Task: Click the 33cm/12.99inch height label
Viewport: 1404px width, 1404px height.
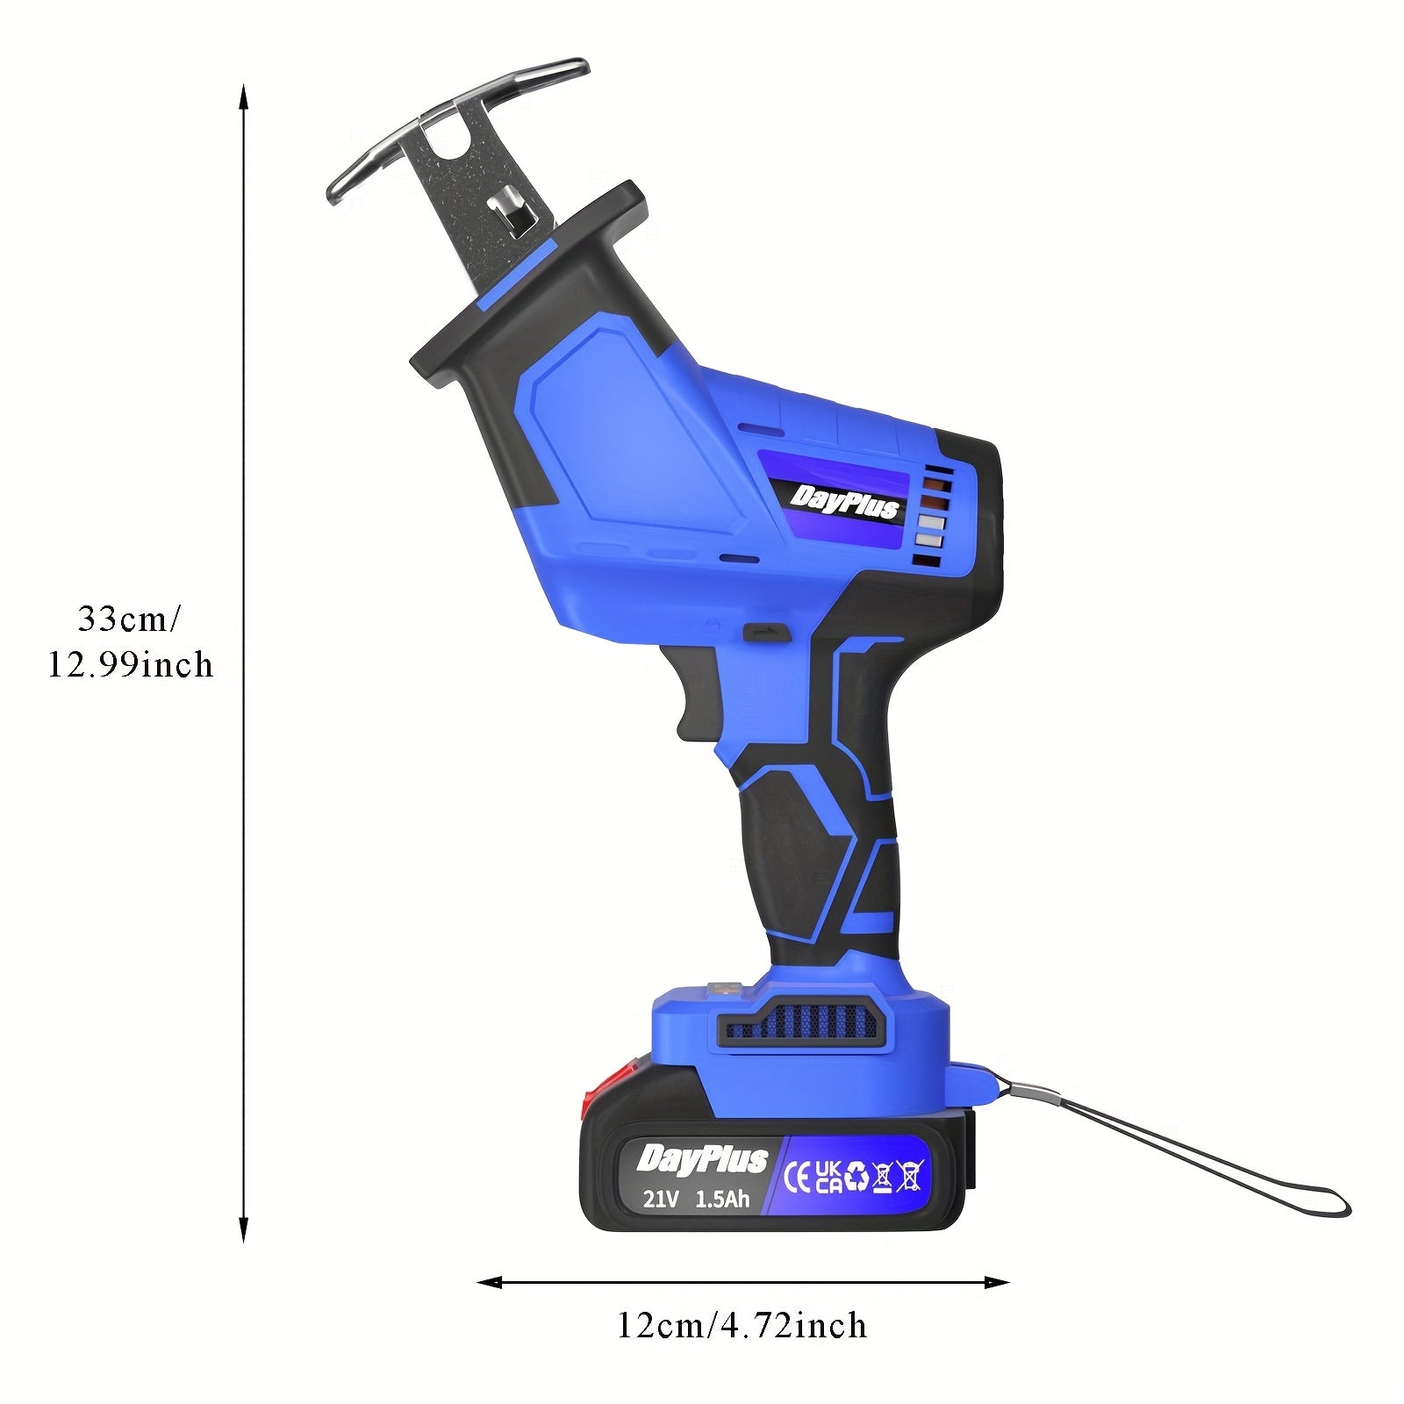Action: coord(130,641)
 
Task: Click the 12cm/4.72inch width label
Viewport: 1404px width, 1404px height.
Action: coord(741,1325)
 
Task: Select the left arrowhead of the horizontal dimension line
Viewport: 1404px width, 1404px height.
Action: coord(490,1283)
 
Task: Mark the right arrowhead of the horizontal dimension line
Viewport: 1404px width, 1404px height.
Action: coord(996,1283)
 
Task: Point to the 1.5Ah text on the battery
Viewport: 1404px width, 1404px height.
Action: coord(722,1198)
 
